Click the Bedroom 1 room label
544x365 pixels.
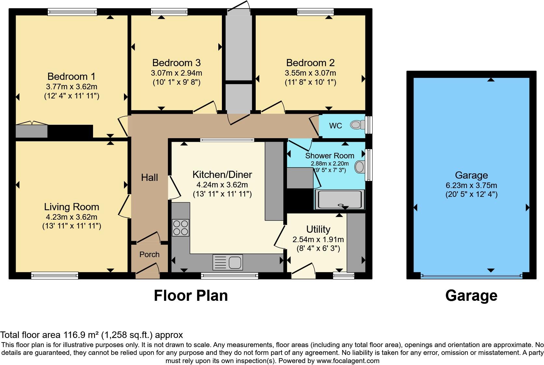click(x=71, y=77)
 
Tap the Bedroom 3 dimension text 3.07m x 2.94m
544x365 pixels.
click(x=176, y=73)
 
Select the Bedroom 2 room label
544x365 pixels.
click(x=310, y=63)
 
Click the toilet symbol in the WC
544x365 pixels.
click(x=357, y=124)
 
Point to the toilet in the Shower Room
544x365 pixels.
click(x=359, y=167)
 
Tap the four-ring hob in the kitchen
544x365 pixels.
click(x=180, y=227)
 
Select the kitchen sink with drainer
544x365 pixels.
click(x=227, y=262)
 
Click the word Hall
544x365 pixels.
click(x=149, y=178)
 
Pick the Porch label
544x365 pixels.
click(x=149, y=255)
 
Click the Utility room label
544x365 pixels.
click(x=318, y=229)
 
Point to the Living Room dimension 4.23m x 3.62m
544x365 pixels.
click(x=72, y=217)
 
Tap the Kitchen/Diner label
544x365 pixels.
click(x=222, y=175)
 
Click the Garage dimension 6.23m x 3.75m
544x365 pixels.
click(x=471, y=185)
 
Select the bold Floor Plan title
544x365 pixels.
click(x=191, y=296)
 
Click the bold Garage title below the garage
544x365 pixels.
click(x=471, y=296)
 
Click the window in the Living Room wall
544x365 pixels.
click(x=55, y=275)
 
